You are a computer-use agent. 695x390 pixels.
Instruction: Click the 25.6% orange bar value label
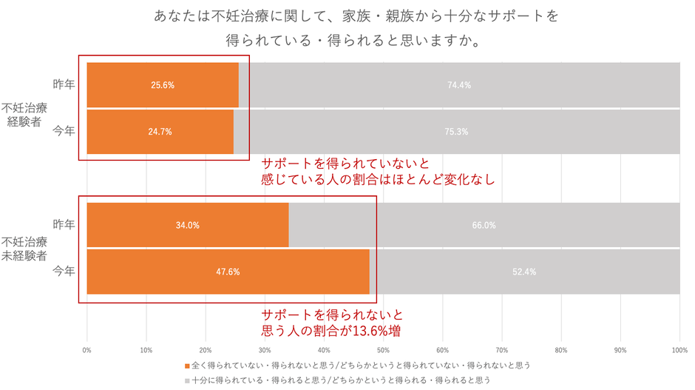click(163, 85)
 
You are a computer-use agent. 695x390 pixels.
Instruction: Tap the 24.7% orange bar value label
click(160, 132)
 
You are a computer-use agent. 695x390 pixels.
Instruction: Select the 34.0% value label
click(188, 225)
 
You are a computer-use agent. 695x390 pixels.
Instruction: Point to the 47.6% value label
click(228, 272)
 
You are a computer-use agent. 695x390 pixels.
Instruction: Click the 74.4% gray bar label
click(459, 85)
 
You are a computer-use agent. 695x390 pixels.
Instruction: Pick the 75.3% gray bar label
click(456, 132)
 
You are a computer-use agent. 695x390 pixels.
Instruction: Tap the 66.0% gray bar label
click(484, 225)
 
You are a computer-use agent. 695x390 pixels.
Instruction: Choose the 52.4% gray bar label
click(524, 272)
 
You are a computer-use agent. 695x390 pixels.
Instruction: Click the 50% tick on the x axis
click(384, 349)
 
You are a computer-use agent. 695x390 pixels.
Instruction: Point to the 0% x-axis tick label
click(87, 349)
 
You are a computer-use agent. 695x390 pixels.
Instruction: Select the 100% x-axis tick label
click(679, 349)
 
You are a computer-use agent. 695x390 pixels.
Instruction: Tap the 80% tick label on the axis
click(561, 349)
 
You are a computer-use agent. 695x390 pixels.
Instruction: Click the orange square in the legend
click(186, 366)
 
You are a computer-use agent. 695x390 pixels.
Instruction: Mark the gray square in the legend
click(186, 380)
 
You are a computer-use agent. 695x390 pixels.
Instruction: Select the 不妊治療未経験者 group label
click(27, 249)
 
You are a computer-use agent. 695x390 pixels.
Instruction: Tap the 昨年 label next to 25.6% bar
click(64, 85)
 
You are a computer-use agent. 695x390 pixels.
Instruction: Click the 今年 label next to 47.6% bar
click(64, 272)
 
